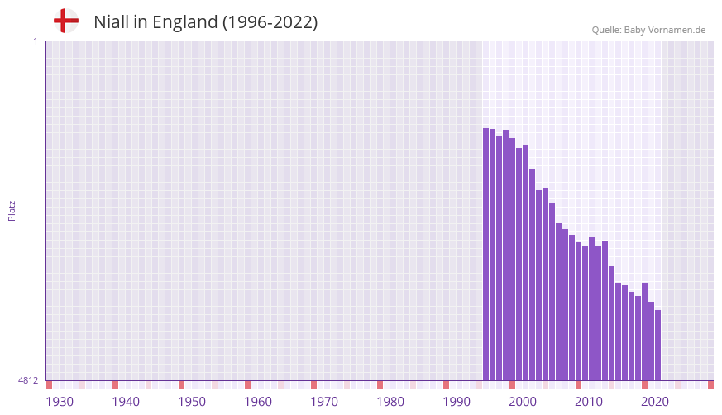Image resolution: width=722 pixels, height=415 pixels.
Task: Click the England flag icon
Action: click(65, 21)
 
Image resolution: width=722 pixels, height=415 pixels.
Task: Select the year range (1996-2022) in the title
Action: click(270, 22)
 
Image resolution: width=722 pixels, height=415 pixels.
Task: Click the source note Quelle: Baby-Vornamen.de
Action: click(648, 30)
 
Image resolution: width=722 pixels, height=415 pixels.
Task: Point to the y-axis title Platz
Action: click(12, 210)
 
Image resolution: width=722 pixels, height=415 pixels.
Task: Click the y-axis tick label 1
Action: click(35, 41)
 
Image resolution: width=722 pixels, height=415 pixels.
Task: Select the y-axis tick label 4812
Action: click(28, 380)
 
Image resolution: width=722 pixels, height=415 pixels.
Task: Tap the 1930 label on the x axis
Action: click(60, 402)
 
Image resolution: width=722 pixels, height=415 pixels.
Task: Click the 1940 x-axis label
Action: click(126, 402)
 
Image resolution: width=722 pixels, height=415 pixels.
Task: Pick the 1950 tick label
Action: click(192, 402)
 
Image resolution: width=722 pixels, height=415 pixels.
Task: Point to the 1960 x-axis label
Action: click(258, 402)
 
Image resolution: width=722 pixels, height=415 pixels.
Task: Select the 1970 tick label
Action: click(324, 402)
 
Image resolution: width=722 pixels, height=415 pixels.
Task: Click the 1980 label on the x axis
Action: click(390, 402)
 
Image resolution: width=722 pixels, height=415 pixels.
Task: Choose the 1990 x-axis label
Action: click(457, 402)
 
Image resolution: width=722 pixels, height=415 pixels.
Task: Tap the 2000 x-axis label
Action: click(523, 402)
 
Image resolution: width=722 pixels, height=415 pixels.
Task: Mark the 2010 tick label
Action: click(589, 402)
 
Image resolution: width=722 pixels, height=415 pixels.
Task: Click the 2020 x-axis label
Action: click(655, 402)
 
